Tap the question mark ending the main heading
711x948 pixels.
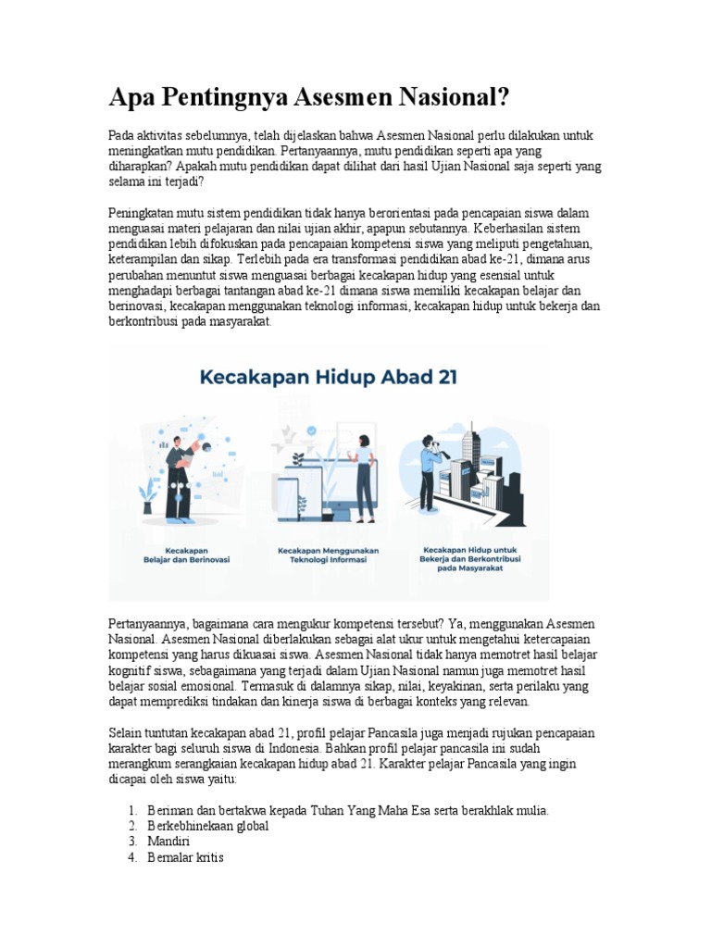tap(502, 96)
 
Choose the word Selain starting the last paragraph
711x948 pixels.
tap(127, 733)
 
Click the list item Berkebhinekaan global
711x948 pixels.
tap(208, 826)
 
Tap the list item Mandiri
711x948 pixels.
tap(168, 842)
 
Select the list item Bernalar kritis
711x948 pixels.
tap(185, 857)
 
